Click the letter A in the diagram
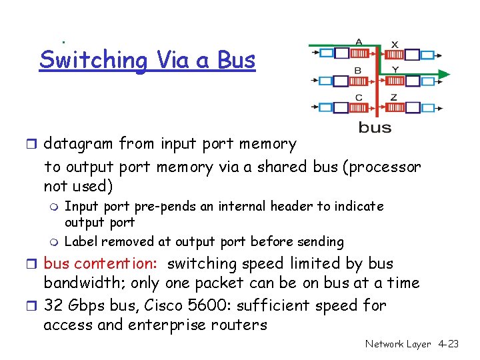(359, 41)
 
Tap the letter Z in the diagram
(394, 97)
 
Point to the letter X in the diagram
(395, 44)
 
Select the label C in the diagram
(359, 97)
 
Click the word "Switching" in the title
(93, 60)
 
